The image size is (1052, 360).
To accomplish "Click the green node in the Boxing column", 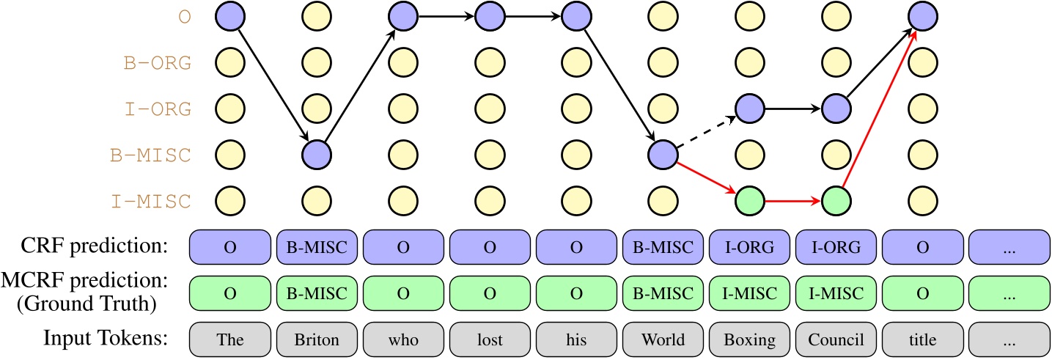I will click(x=748, y=200).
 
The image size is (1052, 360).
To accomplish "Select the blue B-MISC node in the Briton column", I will click(x=316, y=155).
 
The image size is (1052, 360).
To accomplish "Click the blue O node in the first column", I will click(x=229, y=16).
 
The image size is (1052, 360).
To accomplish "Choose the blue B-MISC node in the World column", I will click(x=662, y=155).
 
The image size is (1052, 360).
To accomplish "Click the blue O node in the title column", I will click(x=922, y=16).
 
